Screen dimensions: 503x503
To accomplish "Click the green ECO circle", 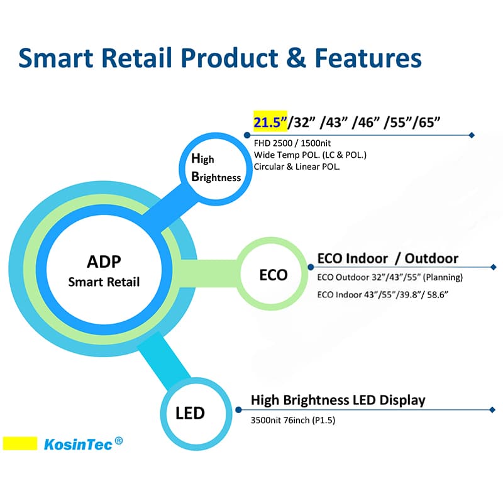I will (273, 275).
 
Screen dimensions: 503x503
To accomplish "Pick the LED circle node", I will (191, 413).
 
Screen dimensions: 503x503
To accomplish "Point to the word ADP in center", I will (104, 262).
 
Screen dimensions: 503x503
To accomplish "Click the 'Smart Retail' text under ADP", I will (104, 282).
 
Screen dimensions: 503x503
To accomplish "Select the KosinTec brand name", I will (78, 445).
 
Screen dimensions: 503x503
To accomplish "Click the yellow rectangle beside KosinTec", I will (21, 443).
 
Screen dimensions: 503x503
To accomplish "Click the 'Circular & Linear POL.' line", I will (297, 167).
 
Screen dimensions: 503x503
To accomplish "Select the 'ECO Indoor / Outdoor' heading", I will (387, 258).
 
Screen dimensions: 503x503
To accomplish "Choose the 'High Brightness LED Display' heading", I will (338, 400).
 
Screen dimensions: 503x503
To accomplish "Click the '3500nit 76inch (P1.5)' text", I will (293, 420).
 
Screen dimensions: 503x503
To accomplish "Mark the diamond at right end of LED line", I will (492, 410).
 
